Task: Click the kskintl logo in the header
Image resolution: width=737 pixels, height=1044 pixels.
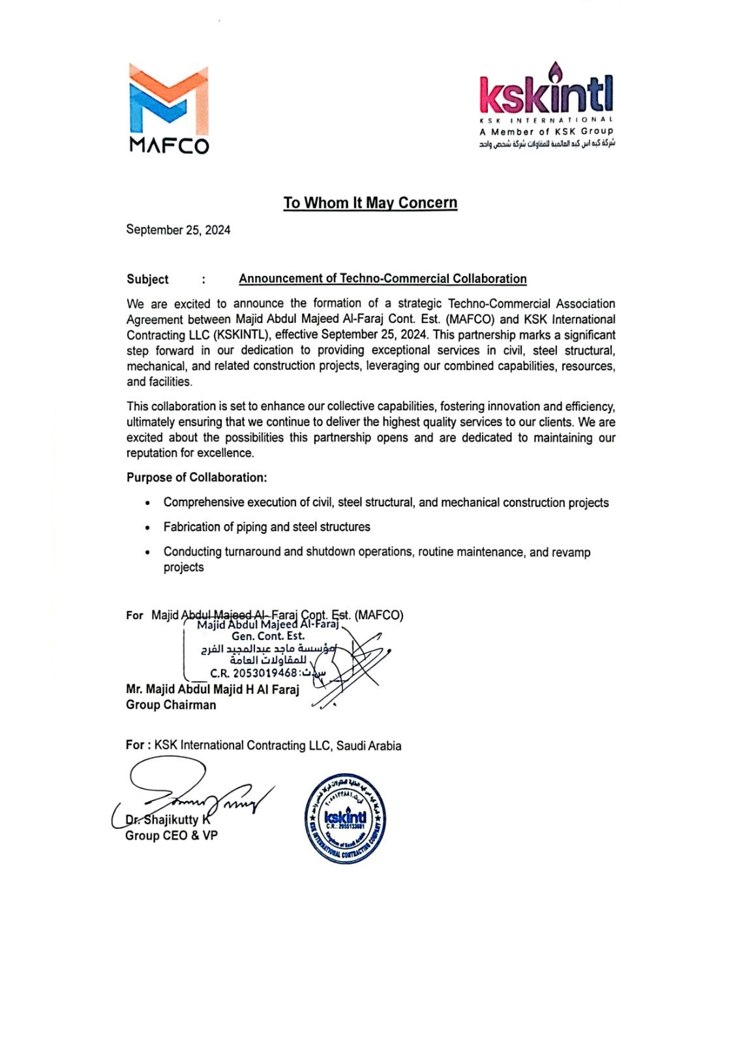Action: pyautogui.click(x=546, y=95)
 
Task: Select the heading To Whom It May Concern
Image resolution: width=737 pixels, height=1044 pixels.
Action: pyautogui.click(x=370, y=203)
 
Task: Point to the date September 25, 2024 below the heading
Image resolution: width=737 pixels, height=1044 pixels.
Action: pyautogui.click(x=178, y=230)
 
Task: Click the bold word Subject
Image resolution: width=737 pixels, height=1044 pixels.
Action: pyautogui.click(x=147, y=279)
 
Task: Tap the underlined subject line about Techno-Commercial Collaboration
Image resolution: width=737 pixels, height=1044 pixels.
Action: pyautogui.click(x=382, y=279)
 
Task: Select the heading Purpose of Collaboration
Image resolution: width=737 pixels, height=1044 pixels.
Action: pyautogui.click(x=196, y=478)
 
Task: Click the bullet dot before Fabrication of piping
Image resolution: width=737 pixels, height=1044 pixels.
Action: pyautogui.click(x=148, y=528)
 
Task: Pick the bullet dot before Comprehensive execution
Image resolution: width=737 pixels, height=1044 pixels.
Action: pyautogui.click(x=148, y=504)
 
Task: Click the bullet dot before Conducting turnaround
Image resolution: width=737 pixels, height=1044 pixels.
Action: pyautogui.click(x=148, y=553)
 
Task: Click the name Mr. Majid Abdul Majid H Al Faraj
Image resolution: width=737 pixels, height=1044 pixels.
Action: pyautogui.click(x=212, y=690)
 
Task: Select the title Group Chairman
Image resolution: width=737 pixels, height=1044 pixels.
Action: pyautogui.click(x=171, y=705)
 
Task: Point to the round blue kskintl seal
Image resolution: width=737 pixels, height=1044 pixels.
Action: pyautogui.click(x=346, y=818)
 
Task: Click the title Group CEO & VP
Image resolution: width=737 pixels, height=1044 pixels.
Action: pyautogui.click(x=171, y=836)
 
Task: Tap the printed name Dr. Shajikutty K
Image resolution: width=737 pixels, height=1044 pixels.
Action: pyautogui.click(x=168, y=820)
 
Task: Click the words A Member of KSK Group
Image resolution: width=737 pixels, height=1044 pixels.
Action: pyautogui.click(x=546, y=132)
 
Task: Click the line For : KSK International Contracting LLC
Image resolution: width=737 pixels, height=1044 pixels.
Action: pyautogui.click(x=263, y=745)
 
